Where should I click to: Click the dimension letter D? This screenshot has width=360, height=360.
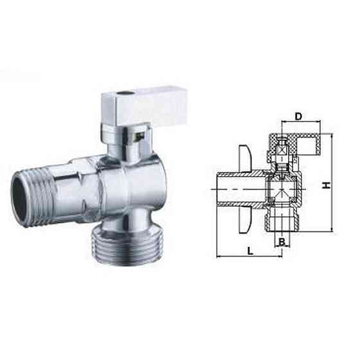[x=298, y=116]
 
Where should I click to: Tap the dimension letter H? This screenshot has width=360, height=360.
[x=326, y=184]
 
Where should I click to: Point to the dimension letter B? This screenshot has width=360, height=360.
[x=282, y=242]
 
